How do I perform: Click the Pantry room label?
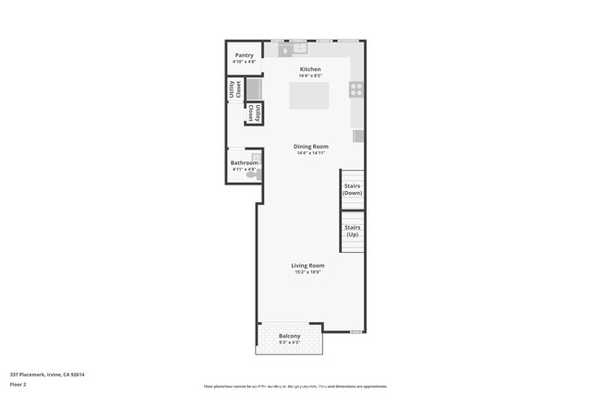tap(244, 55)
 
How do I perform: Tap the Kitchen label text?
tap(310, 70)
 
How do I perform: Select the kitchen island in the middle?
tap(308, 96)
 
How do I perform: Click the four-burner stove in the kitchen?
tap(356, 90)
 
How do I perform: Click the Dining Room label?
tap(311, 147)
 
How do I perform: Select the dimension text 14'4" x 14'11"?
tap(311, 153)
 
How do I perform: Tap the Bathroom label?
tap(244, 163)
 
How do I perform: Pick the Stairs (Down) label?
tap(353, 189)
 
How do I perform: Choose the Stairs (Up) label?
tap(353, 231)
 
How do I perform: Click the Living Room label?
tap(308, 266)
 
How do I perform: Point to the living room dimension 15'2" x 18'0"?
tap(308, 272)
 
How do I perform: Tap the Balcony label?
tap(289, 336)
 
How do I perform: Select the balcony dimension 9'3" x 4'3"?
tap(289, 342)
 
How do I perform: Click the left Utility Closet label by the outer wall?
tap(235, 90)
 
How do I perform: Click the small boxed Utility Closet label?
tap(254, 113)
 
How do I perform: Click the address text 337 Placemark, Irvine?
tap(47, 375)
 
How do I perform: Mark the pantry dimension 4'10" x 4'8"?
tap(244, 62)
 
